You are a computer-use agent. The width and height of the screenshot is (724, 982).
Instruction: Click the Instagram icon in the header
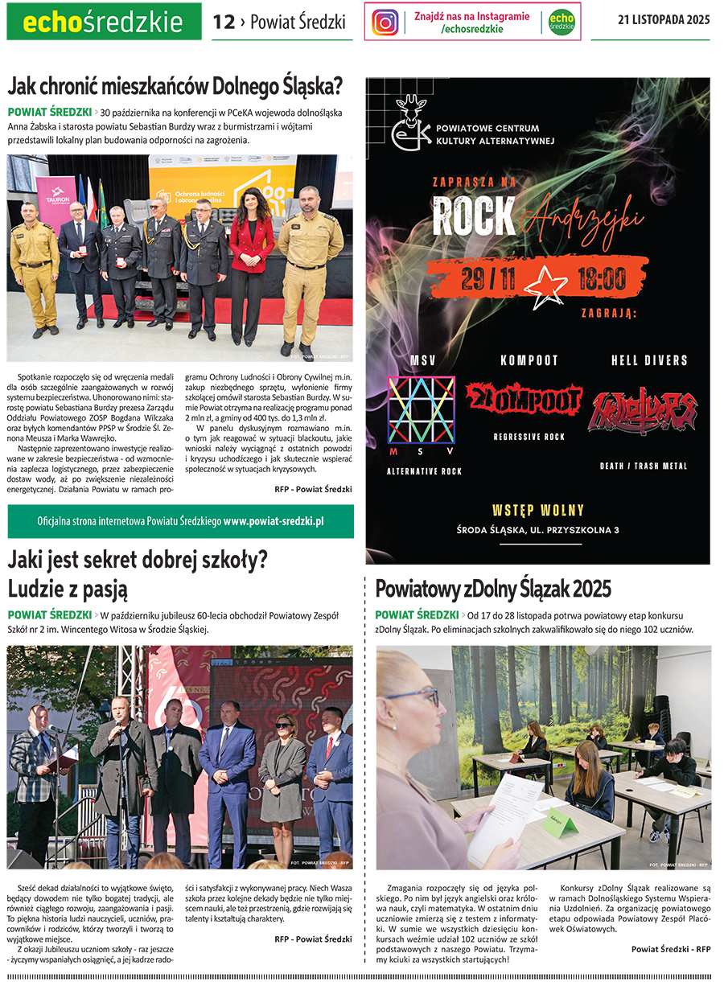tap(385, 22)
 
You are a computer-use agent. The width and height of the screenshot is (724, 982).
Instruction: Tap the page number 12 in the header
tap(223, 22)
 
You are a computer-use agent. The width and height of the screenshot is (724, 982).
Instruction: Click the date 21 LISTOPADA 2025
tap(664, 20)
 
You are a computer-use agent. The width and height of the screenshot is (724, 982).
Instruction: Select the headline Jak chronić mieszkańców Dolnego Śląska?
tap(175, 85)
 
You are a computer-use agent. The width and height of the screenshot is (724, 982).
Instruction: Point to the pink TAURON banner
tap(56, 205)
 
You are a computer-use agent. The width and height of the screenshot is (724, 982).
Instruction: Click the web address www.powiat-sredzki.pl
tap(274, 521)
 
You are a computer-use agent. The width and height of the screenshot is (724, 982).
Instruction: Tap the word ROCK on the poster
tap(474, 216)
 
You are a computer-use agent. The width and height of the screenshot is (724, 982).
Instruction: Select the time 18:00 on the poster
tap(601, 279)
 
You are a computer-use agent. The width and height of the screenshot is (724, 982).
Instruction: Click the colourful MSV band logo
tap(422, 411)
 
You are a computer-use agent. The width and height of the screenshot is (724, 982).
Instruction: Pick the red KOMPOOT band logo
tap(524, 400)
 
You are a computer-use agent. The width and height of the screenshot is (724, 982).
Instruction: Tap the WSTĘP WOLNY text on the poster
tap(537, 510)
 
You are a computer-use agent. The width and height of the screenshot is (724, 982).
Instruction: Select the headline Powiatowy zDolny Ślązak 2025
tap(493, 589)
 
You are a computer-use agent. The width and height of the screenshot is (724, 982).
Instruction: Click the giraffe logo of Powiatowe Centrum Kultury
tap(411, 125)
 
